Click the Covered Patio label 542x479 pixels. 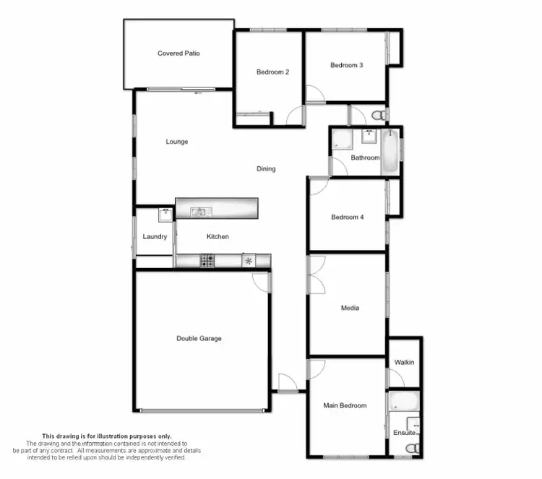(178, 53)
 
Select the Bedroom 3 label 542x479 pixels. (346, 66)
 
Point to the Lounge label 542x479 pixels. (176, 142)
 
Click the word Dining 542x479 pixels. (266, 169)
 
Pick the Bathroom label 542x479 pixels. (365, 157)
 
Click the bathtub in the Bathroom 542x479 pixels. (390, 151)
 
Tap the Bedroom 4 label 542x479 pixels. (347, 217)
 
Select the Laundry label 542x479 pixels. (155, 237)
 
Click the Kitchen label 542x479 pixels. (218, 237)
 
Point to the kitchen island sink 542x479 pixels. (199, 212)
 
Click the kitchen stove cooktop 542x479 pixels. (207, 261)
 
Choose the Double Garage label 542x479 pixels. (199, 338)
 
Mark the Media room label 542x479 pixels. (350, 308)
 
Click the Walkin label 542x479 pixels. (405, 362)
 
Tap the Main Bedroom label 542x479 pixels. (345, 406)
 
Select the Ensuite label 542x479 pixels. (405, 433)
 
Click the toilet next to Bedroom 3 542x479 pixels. (377, 116)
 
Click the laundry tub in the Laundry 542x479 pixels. (165, 214)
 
